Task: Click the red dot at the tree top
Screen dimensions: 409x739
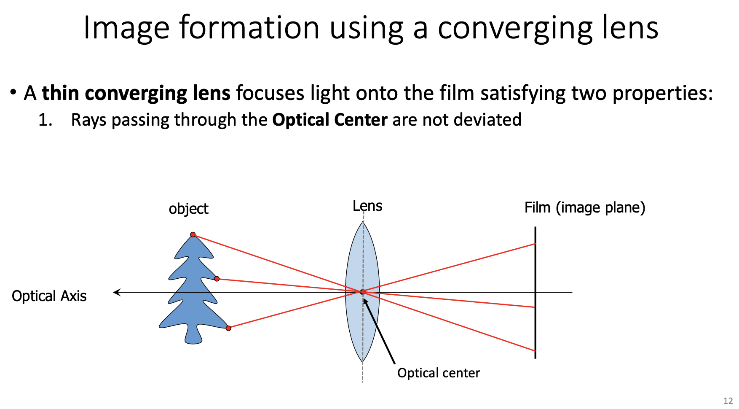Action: coord(193,234)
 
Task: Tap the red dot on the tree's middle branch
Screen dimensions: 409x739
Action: coord(217,279)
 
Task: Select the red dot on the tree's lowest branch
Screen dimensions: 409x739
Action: coord(228,328)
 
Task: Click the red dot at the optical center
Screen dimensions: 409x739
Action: coord(362,292)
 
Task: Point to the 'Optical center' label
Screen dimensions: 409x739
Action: coord(438,373)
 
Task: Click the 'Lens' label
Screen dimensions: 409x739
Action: coord(367,206)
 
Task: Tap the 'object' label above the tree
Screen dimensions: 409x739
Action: coord(188,209)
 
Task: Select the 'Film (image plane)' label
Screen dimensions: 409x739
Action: coord(584,207)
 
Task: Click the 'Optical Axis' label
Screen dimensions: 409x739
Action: coord(49,296)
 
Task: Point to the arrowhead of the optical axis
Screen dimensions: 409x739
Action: coord(117,292)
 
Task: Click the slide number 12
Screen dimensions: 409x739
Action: coord(728,401)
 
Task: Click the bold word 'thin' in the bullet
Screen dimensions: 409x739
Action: coord(60,93)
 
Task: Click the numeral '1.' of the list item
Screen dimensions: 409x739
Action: coord(45,120)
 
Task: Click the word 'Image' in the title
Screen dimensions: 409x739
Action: coord(126,29)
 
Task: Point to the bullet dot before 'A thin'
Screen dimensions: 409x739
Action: coord(14,91)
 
